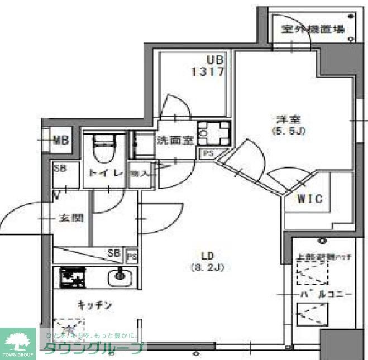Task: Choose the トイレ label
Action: pos(103,173)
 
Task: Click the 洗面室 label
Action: pos(175,140)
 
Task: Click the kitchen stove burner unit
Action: pos(71,277)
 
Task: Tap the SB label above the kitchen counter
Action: pos(114,253)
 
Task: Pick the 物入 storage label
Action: pos(140,173)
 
